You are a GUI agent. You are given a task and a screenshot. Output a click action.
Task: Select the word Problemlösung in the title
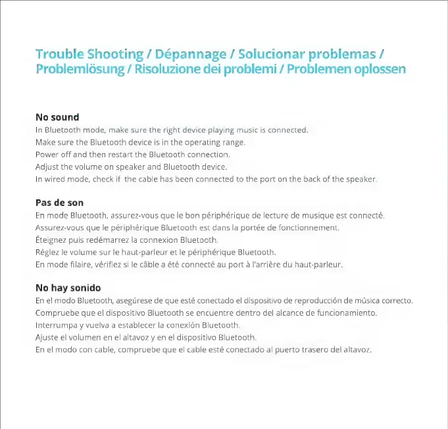tap(80, 69)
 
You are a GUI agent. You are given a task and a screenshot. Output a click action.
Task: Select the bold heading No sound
tap(57, 117)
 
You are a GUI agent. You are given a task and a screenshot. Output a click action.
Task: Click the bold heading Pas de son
tap(59, 203)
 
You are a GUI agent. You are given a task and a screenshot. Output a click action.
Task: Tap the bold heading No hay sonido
tap(68, 288)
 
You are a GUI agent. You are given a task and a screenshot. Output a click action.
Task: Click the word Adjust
tap(47, 167)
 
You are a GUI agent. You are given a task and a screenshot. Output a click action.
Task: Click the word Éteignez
tap(50, 240)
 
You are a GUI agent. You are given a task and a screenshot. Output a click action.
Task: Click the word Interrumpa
tap(56, 325)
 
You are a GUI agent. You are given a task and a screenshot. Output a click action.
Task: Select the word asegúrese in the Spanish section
tap(130, 301)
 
